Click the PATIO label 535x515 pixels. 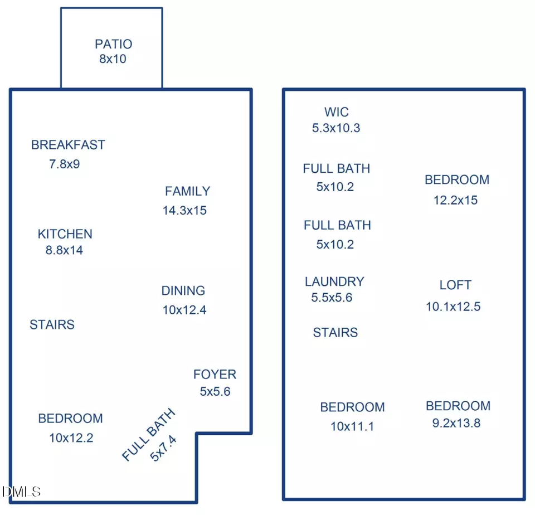[113, 44]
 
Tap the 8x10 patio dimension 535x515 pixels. [113, 59]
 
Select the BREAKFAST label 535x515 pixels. [68, 145]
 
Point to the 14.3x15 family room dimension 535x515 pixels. [184, 210]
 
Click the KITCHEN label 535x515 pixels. [65, 234]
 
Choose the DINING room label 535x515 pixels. [183, 291]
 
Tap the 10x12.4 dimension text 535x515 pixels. [184, 310]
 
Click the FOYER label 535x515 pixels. [215, 375]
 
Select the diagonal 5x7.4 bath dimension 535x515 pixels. [163, 448]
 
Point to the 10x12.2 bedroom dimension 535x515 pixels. [71, 438]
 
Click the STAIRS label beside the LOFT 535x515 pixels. [335, 332]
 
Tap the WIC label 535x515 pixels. [337, 112]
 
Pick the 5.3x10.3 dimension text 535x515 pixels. [336, 128]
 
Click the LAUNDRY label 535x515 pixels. [334, 281]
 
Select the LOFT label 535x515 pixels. [455, 285]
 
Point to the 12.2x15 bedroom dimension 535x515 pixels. [455, 200]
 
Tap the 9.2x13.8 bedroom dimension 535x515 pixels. [456, 423]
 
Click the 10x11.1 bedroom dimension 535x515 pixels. [352, 426]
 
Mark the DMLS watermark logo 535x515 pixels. [21, 492]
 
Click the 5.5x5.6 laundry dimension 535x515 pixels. [332, 298]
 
